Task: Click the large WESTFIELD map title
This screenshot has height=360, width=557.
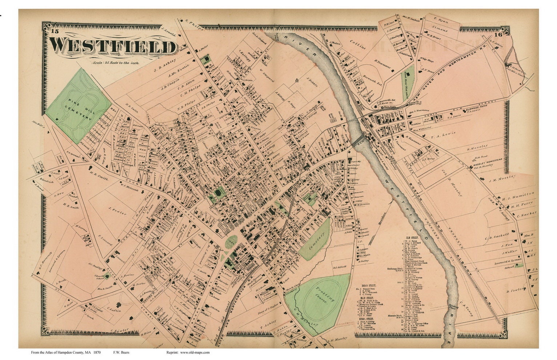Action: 113,46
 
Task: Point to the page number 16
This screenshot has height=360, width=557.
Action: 498,35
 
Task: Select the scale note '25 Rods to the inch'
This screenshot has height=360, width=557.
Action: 116,62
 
